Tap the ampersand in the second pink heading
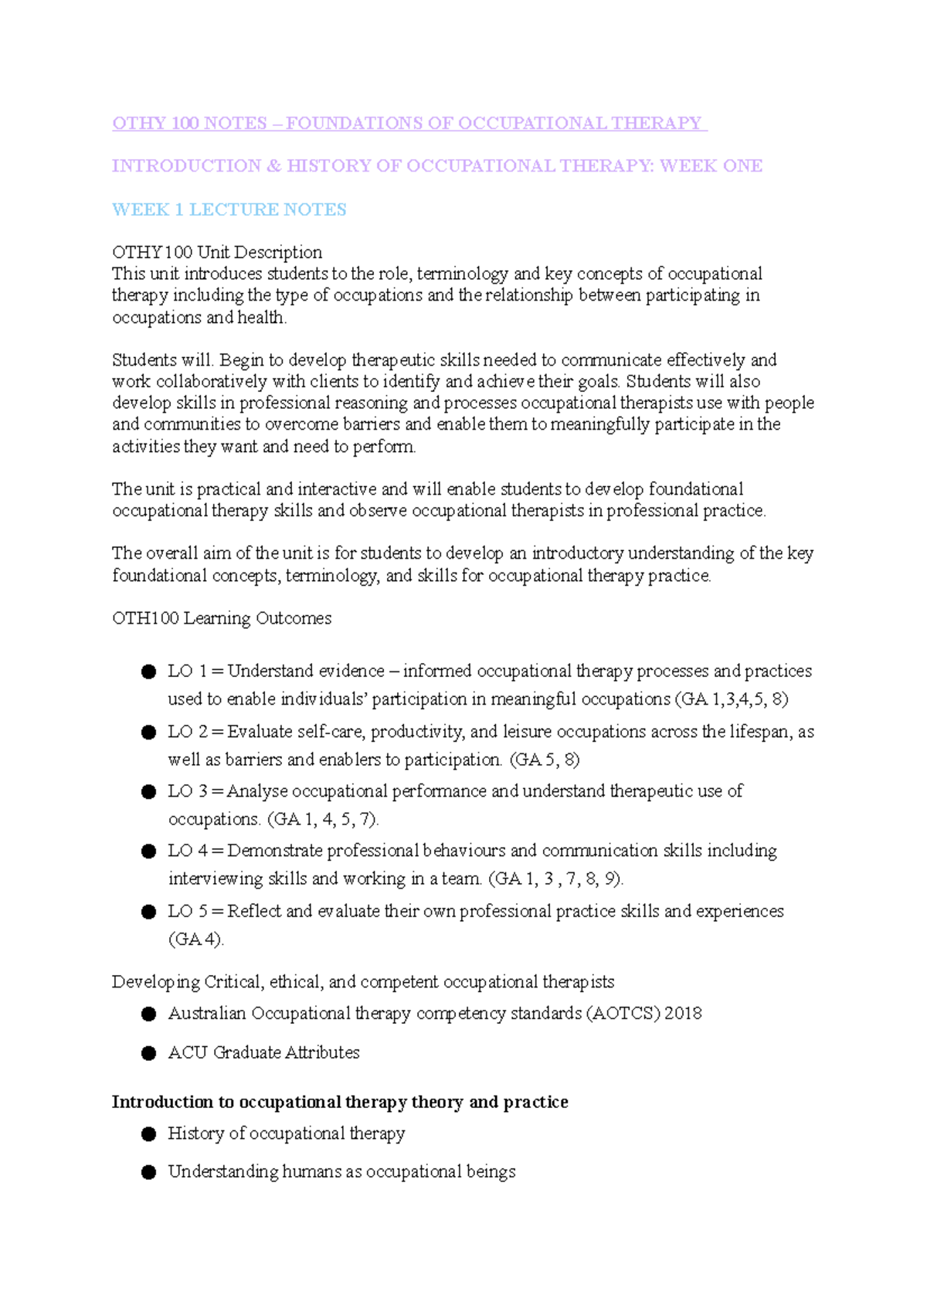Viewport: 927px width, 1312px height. (x=273, y=166)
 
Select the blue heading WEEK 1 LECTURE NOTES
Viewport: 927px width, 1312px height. (x=229, y=209)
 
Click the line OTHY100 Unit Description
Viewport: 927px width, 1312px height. (x=217, y=252)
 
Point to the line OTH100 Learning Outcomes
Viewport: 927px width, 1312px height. (x=222, y=618)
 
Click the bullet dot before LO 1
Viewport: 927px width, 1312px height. (x=149, y=672)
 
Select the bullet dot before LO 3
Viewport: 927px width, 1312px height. (x=149, y=792)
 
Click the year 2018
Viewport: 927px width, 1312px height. (x=683, y=1013)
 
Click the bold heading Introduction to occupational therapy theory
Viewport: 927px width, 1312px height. (x=340, y=1102)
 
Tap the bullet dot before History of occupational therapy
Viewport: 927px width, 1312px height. (x=149, y=1134)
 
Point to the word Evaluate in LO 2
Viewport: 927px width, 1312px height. (x=259, y=732)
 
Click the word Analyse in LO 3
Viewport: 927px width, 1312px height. (x=258, y=791)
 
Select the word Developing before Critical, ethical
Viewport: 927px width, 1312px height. (x=156, y=982)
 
